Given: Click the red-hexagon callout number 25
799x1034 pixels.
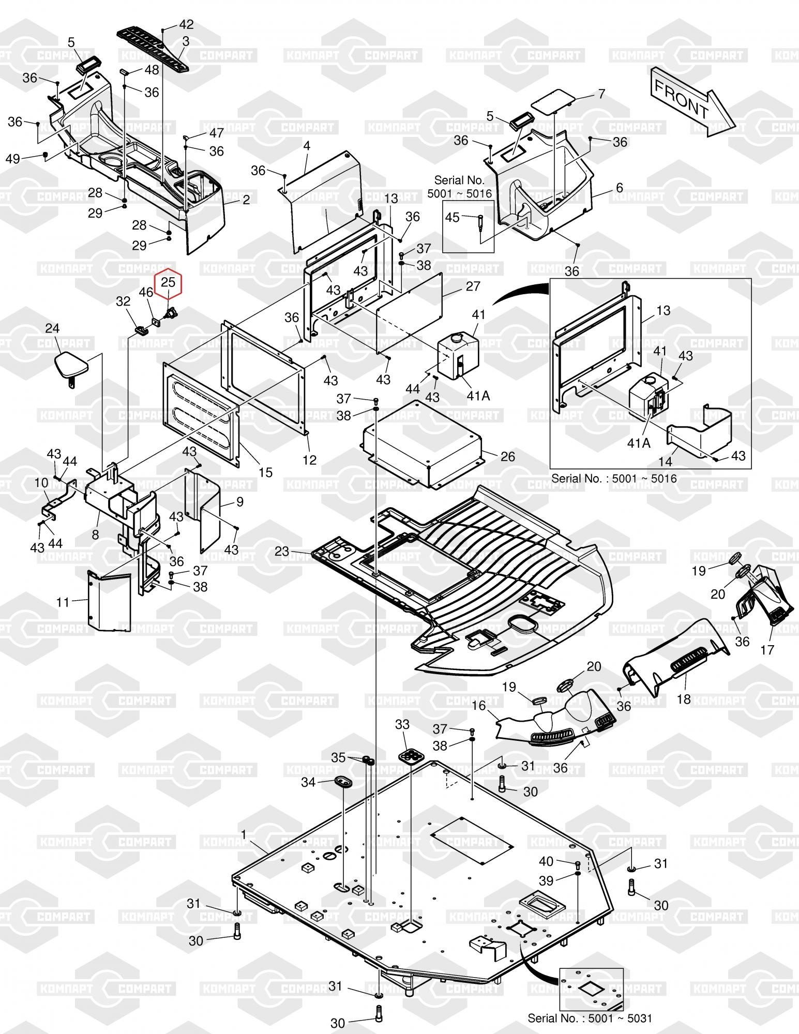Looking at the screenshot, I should (x=169, y=282).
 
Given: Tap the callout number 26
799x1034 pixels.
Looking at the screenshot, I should (x=508, y=456).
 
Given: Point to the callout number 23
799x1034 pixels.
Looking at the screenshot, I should (x=282, y=551).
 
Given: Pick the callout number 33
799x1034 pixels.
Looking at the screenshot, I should (x=402, y=725).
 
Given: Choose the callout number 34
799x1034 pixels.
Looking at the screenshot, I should (x=308, y=782).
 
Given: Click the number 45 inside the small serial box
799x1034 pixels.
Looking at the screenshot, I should (x=452, y=217).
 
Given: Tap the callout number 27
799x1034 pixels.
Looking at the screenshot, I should (x=473, y=286).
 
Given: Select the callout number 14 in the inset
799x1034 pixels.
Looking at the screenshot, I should (x=666, y=461).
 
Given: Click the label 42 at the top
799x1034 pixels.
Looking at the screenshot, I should (x=186, y=24).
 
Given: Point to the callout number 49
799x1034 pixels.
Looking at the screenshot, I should (x=13, y=159).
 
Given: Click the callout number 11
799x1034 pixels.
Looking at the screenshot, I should (x=63, y=603).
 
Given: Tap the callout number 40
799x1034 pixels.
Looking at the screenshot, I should (x=546, y=861).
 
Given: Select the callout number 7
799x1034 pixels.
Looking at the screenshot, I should (x=601, y=94).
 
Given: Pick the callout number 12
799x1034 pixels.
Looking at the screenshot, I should (x=309, y=459).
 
